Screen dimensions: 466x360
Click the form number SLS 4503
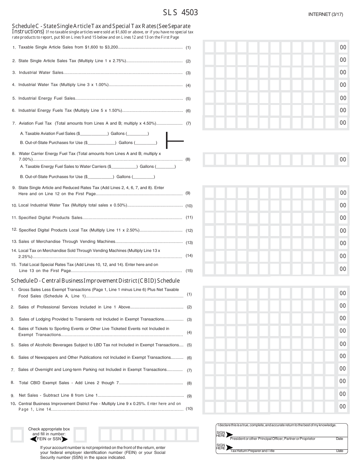click(x=180, y=13)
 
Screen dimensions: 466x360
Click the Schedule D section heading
click(x=95, y=281)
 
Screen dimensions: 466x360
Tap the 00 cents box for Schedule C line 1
click(x=343, y=47)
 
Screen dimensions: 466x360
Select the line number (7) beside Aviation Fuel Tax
click(x=188, y=124)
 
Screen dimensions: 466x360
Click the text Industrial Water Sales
click(x=41, y=73)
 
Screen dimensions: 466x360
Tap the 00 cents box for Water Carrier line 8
click(x=343, y=160)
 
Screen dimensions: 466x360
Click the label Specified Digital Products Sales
click(x=50, y=218)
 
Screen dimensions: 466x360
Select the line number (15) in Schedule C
click(x=189, y=271)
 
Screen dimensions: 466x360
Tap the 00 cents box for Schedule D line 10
click(x=343, y=407)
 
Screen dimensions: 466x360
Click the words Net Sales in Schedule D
click(x=28, y=396)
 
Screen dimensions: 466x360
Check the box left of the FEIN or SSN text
click(x=17, y=435)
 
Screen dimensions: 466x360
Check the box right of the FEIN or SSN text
click(x=80, y=435)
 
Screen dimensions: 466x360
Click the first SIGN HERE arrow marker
click(x=229, y=435)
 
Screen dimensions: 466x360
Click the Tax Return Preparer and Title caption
click(x=252, y=451)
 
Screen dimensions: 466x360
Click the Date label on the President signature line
click(x=339, y=439)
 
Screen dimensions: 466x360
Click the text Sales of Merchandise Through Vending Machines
click(x=67, y=242)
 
